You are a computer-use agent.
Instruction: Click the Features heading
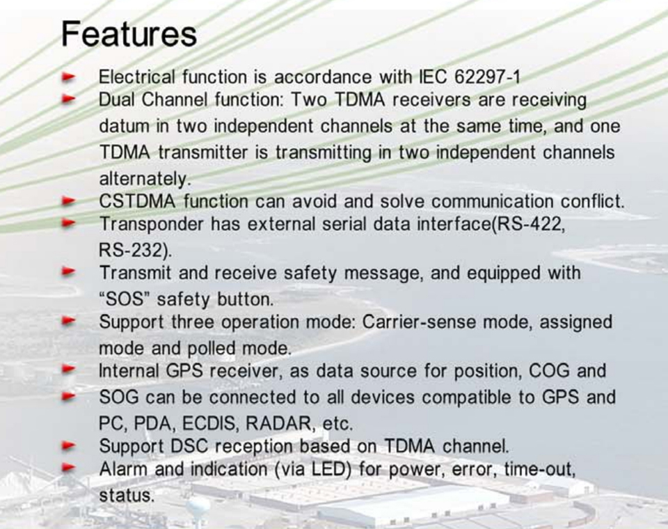(x=129, y=33)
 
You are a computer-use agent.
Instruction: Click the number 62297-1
(x=487, y=77)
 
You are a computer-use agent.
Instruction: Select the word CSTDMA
(x=137, y=201)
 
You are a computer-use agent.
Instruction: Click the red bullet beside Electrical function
(x=68, y=77)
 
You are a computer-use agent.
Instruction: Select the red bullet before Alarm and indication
(x=68, y=468)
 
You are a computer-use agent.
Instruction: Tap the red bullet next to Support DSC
(x=68, y=446)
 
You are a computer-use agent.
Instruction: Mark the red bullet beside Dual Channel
(x=68, y=100)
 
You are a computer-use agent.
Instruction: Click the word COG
(x=549, y=371)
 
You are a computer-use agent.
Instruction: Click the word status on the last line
(x=127, y=496)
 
